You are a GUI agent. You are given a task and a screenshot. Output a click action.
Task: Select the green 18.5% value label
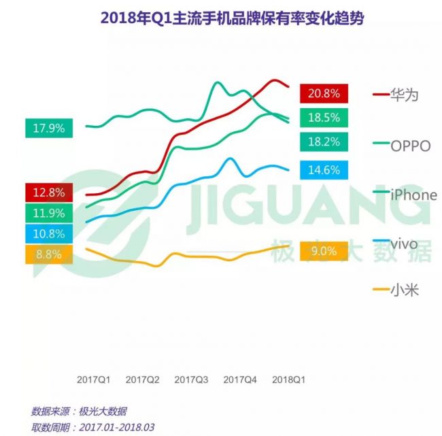(x=324, y=118)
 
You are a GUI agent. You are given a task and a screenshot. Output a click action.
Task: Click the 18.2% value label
(x=324, y=141)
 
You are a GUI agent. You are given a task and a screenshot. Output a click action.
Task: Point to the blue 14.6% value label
(x=324, y=170)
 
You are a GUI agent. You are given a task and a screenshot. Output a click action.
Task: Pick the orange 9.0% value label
(x=324, y=251)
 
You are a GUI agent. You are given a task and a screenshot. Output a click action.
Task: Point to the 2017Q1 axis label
(x=94, y=380)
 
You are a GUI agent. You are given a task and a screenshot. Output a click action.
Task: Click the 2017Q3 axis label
(x=191, y=380)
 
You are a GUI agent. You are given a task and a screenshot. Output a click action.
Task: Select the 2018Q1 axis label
(x=288, y=380)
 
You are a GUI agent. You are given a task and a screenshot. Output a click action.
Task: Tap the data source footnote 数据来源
(x=79, y=412)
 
